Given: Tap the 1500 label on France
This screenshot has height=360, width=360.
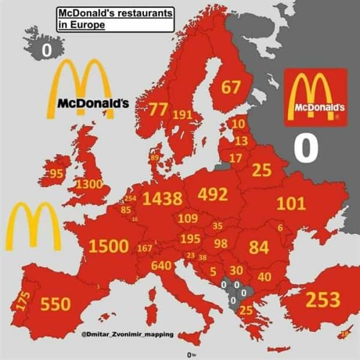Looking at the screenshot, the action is (x=108, y=246).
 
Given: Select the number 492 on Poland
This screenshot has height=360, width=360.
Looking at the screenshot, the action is (x=213, y=195).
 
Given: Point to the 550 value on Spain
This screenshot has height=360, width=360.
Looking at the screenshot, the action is (x=55, y=303).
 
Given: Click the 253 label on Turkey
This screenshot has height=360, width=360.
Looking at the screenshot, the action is (x=323, y=300).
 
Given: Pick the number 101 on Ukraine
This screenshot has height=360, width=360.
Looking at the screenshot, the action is (x=291, y=204).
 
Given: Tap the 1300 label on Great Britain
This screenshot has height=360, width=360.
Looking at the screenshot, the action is (x=89, y=185).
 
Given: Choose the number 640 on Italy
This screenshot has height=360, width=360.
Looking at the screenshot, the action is (x=161, y=265).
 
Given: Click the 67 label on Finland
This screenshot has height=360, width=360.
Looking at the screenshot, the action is (x=231, y=88).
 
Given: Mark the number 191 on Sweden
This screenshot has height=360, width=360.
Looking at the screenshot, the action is (x=182, y=114).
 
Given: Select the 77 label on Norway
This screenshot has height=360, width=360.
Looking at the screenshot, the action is (x=157, y=109).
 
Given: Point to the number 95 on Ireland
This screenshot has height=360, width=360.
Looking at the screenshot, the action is (x=56, y=174).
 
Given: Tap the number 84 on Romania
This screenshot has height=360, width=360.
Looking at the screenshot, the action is (x=259, y=247).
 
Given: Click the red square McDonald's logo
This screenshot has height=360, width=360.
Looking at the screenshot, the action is (x=316, y=97).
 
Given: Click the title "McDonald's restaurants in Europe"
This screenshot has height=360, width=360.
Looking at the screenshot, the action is (x=116, y=19).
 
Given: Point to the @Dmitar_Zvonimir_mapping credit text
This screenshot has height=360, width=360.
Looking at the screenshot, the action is (x=127, y=334).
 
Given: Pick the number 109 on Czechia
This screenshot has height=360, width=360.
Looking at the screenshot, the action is (x=188, y=219).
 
